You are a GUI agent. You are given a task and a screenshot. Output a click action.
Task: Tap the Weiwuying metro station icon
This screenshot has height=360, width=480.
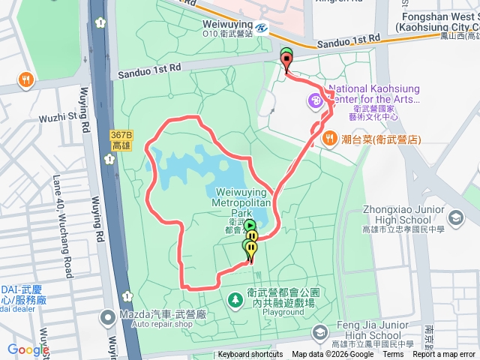[260, 28]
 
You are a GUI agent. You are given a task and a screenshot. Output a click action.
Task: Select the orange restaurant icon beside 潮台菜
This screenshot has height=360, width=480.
[328, 138]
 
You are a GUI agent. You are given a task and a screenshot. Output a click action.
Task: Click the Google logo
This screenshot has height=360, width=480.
[27, 350]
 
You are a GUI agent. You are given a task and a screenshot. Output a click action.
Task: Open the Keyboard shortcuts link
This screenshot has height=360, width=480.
[250, 355]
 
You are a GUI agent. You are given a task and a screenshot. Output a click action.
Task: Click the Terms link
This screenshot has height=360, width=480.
[393, 355]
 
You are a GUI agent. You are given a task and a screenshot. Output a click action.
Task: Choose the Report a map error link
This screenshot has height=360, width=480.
[443, 355]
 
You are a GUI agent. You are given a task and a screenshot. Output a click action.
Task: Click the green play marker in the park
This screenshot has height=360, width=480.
[249, 224]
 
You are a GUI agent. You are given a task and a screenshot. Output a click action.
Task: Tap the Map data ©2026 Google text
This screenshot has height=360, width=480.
[332, 355]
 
